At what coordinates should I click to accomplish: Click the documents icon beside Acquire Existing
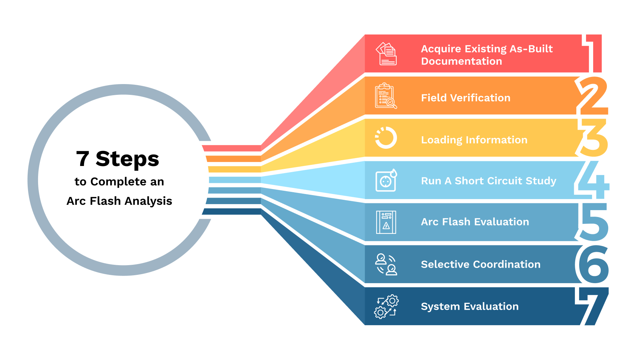pyautogui.click(x=386, y=54)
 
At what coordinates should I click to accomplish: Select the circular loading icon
pyautogui.click(x=386, y=138)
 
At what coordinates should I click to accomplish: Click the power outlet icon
pyautogui.click(x=386, y=180)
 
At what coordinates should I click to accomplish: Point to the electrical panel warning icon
pyautogui.click(x=386, y=222)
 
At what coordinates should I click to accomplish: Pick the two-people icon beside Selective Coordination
pyautogui.click(x=386, y=264)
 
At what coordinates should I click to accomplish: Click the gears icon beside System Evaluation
pyautogui.click(x=386, y=306)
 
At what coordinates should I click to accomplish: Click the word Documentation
pyautogui.click(x=461, y=61)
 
